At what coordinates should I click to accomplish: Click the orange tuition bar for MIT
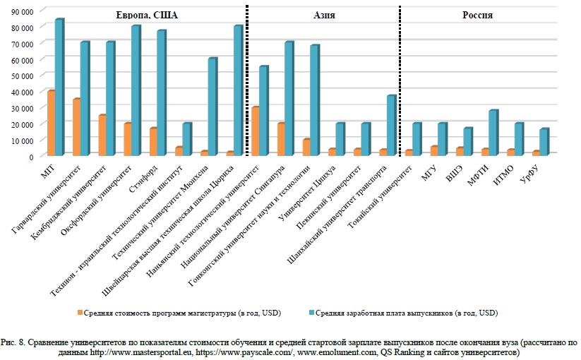click(51, 123)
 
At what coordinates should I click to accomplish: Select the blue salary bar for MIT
click(59, 87)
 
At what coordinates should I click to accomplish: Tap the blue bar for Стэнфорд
click(161, 93)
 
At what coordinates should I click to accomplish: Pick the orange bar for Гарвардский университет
click(77, 127)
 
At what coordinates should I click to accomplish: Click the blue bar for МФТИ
click(493, 133)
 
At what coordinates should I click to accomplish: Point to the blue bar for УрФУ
click(544, 142)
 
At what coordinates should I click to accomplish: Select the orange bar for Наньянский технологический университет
click(256, 131)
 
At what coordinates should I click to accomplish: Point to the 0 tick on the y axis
click(31, 157)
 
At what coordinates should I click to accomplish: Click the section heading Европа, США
click(147, 15)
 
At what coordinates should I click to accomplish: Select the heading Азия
click(324, 15)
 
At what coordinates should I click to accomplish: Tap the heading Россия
click(477, 15)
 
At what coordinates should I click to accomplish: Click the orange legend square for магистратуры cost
click(80, 313)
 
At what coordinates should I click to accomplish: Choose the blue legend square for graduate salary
click(312, 313)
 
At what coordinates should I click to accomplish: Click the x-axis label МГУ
click(429, 174)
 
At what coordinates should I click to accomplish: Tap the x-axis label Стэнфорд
click(143, 179)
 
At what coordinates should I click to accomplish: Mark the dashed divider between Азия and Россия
click(400, 80)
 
